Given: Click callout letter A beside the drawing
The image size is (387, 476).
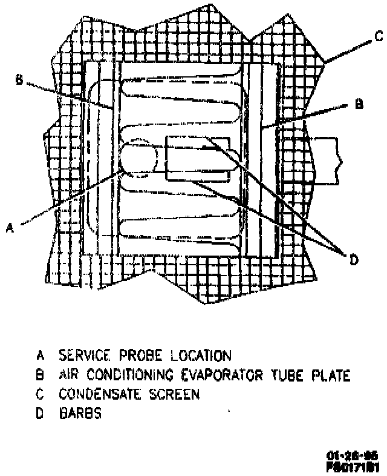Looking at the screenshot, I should click(9, 227).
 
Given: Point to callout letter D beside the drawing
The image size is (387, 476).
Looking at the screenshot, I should click(354, 260).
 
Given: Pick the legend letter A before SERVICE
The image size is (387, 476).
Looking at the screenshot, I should click(40, 355).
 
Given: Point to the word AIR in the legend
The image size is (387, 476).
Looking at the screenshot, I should click(69, 375).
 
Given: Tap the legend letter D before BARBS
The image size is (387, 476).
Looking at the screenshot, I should click(40, 415).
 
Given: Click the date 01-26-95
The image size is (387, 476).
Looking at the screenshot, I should click(352, 454).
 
